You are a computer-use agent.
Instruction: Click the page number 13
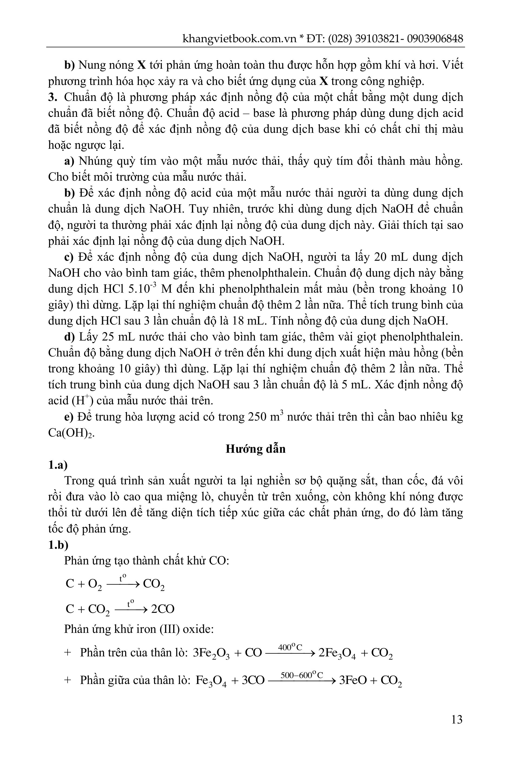click(457, 719)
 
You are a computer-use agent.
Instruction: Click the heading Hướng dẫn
click(255, 449)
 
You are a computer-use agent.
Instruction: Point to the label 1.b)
click(58, 545)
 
